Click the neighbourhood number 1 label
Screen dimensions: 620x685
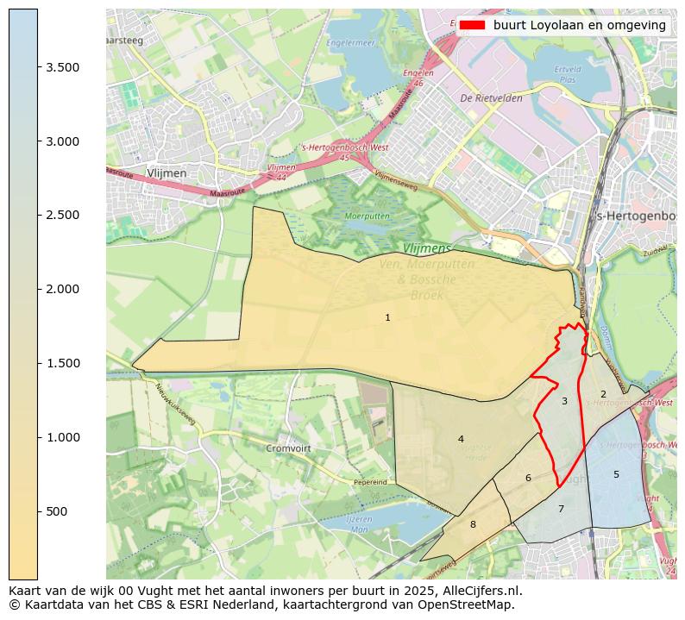pyautogui.click(x=387, y=318)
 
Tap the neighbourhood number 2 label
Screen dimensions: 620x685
pyautogui.click(x=603, y=394)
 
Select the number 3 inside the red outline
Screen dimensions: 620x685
pyautogui.click(x=564, y=401)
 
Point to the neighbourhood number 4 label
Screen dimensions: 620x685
pyautogui.click(x=461, y=439)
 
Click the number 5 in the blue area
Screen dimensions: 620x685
pyautogui.click(x=616, y=474)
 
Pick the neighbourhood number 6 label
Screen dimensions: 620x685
pyautogui.click(x=528, y=478)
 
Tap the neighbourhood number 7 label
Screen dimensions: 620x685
pyautogui.click(x=561, y=509)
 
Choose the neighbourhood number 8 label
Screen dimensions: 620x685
pyautogui.click(x=473, y=524)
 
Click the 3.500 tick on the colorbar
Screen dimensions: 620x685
pyautogui.click(x=61, y=67)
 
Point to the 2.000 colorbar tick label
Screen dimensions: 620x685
pyautogui.click(x=61, y=289)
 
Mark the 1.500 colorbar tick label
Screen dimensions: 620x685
pyautogui.click(x=61, y=363)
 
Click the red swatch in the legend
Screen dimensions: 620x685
pyautogui.click(x=473, y=26)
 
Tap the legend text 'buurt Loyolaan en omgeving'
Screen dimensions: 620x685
pyautogui.click(x=580, y=26)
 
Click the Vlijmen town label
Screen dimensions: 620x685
pyautogui.click(x=167, y=173)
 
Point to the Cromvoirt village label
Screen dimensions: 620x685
pyautogui.click(x=288, y=448)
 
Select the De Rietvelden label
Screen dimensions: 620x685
pyautogui.click(x=492, y=98)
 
